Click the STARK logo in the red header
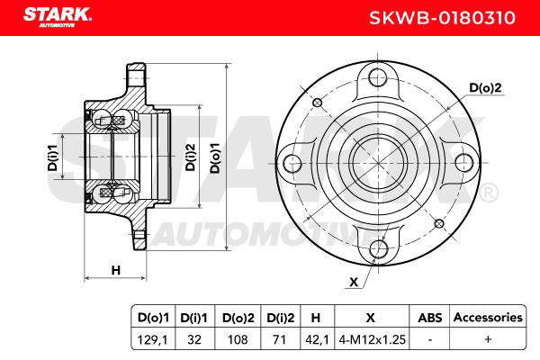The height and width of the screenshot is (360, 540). point(58,16)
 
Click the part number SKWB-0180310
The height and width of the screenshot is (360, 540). point(442,18)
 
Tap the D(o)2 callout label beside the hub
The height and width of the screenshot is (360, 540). point(486,88)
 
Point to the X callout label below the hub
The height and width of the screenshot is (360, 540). point(354,282)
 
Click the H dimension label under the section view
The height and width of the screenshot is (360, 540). point(116,270)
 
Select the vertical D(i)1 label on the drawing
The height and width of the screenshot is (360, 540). point(53,157)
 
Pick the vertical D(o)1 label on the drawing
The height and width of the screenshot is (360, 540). point(215,158)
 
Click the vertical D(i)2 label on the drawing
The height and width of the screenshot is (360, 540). point(190,157)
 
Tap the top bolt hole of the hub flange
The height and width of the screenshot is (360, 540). point(377,77)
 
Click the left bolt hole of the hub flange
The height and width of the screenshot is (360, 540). point(292,163)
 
